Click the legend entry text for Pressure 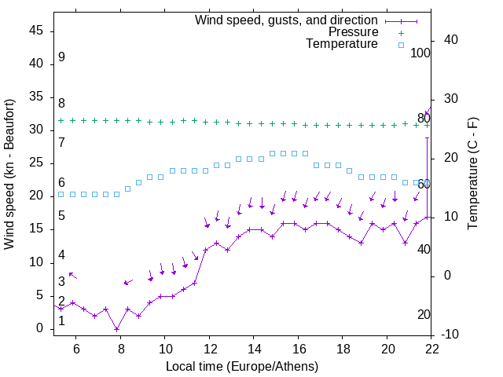(x=354, y=32)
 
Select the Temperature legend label (x=342, y=44)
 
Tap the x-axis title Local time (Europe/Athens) (x=242, y=366)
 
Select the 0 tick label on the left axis (x=41, y=329)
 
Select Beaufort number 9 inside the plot (x=61, y=57)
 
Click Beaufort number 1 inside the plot (x=61, y=320)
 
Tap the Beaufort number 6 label (x=61, y=182)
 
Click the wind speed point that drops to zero (x=116, y=329)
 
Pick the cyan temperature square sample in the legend (x=401, y=45)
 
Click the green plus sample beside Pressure (x=401, y=33)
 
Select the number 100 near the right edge (x=421, y=53)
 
